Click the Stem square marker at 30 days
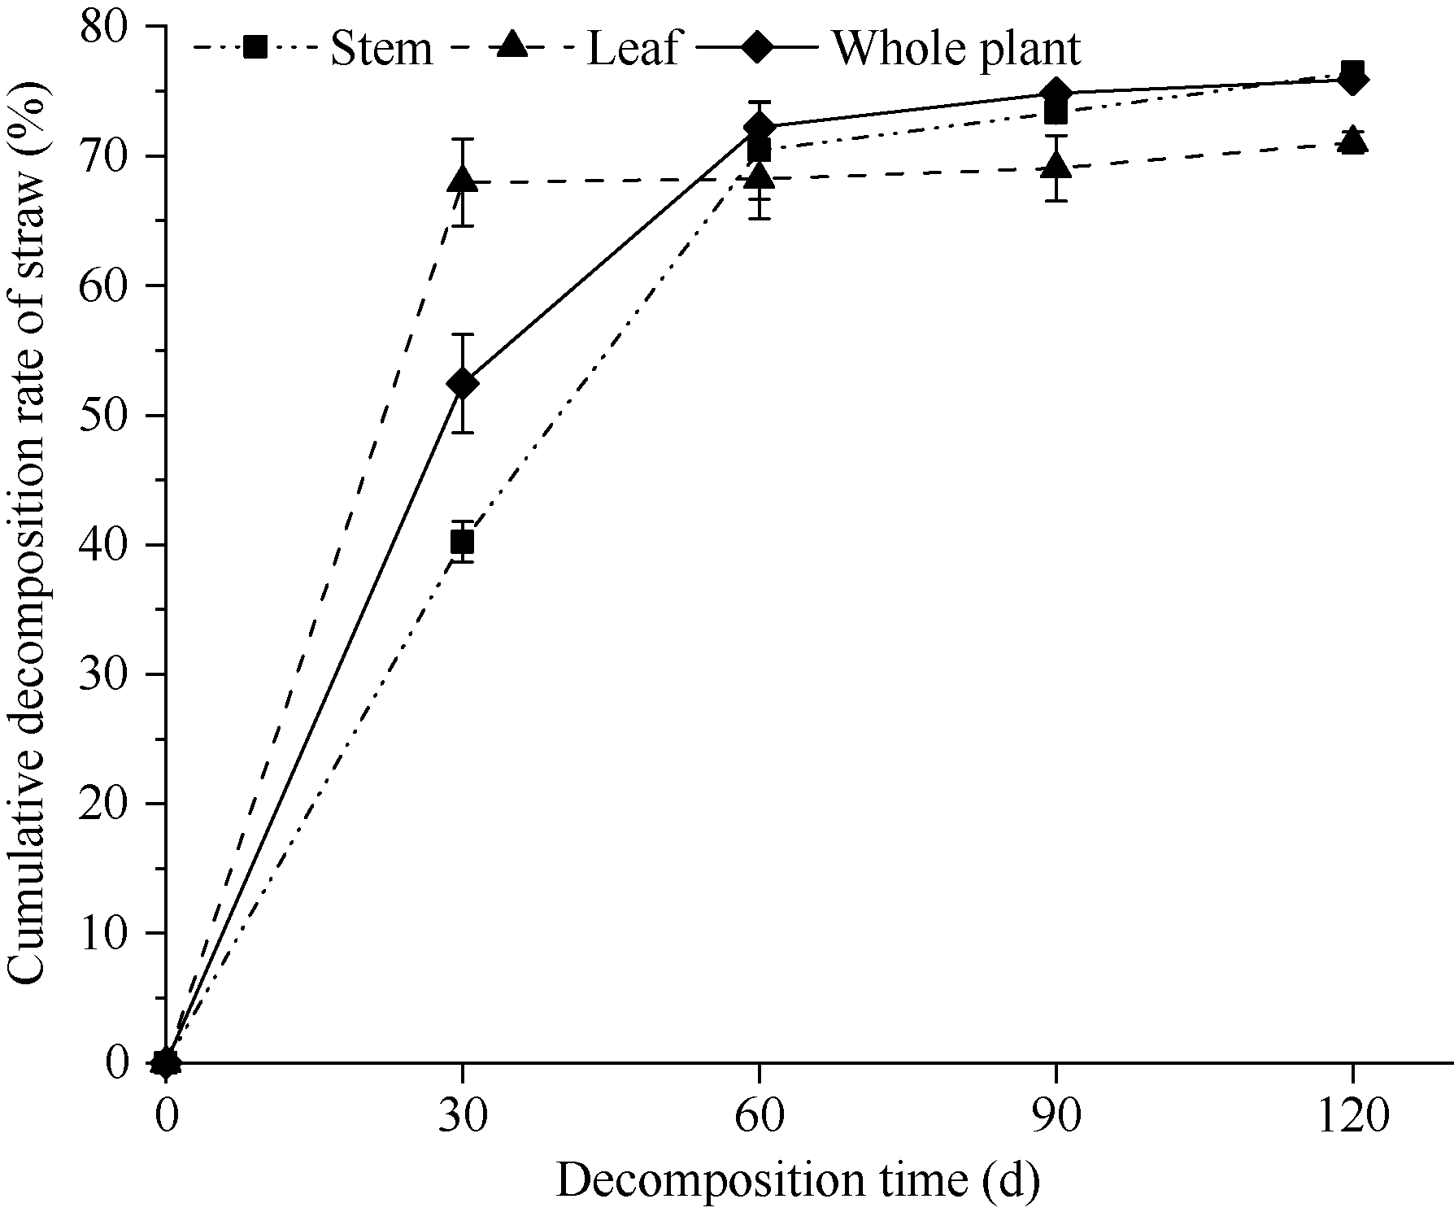click(462, 541)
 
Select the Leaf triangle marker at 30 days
click(462, 180)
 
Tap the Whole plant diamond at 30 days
click(462, 383)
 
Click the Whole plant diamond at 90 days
click(1056, 93)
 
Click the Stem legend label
click(381, 49)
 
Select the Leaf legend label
click(633, 49)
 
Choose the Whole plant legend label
click(956, 49)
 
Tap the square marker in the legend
click(255, 48)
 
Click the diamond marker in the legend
click(757, 48)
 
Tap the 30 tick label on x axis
click(462, 1118)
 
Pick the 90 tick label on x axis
click(1056, 1118)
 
